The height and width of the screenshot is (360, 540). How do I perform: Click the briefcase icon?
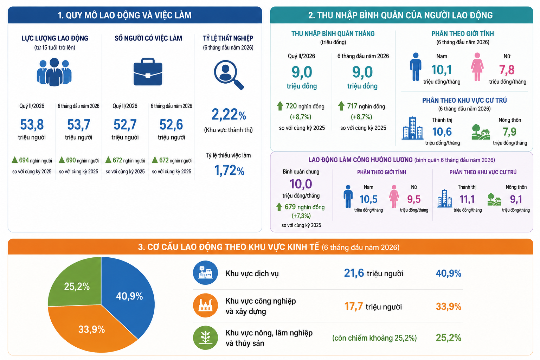[x=148, y=72]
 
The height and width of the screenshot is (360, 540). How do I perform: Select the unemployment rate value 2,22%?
[x=229, y=114]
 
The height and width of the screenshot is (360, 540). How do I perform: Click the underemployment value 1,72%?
[x=229, y=171]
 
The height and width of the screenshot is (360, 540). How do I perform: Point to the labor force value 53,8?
[x=32, y=124]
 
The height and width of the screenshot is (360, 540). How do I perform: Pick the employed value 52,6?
[x=171, y=124]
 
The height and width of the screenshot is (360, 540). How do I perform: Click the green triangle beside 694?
[x=15, y=160]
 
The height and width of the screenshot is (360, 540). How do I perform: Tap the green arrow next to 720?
[x=280, y=106]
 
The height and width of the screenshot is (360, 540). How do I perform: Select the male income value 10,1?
[x=442, y=70]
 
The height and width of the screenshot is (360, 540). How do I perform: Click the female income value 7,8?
[x=507, y=70]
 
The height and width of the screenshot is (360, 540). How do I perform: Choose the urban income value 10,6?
[x=442, y=131]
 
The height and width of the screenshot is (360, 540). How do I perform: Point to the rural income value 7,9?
[x=509, y=131]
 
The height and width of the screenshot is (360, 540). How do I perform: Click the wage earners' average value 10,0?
[x=301, y=184]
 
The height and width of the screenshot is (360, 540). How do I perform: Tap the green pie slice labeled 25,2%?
[x=75, y=284]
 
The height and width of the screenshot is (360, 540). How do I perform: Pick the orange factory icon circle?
[x=205, y=305]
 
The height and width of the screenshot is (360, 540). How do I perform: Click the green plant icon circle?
[x=205, y=337]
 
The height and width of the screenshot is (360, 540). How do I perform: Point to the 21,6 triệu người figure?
[x=373, y=273]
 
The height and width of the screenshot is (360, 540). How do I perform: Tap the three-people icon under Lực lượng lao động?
[x=54, y=72]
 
